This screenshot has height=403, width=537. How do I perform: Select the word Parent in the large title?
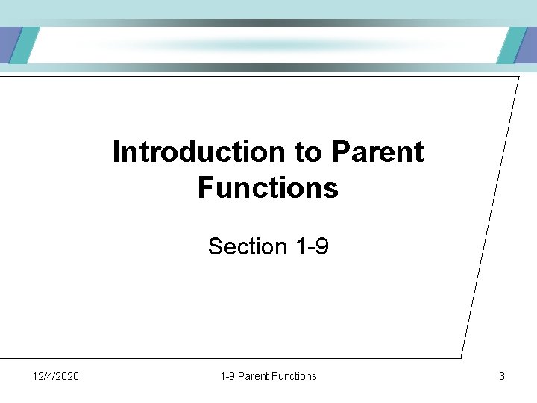pos(377,152)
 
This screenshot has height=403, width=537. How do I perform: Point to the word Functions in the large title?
pos(268,187)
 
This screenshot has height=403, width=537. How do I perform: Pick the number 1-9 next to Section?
pos(312,246)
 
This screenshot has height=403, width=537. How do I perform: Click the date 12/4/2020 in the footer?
pos(56,376)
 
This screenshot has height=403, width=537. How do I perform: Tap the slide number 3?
pos(501,376)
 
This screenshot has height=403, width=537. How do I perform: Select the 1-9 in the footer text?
pos(227,376)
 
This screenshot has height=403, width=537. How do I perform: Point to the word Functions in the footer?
pos(295,376)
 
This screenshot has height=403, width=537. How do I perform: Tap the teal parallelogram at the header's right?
pos(510,46)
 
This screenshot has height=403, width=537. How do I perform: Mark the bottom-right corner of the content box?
pos(461,357)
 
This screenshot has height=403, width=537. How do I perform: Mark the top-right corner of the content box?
pos(518,76)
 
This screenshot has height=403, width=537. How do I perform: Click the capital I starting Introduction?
pos(116,152)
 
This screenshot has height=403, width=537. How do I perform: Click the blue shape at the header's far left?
pos(6,46)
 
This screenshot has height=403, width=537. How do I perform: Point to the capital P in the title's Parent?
pos(341,152)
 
